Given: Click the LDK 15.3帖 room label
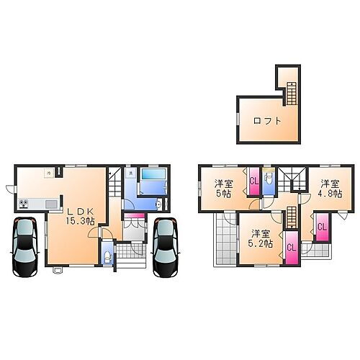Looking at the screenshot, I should click(80, 216).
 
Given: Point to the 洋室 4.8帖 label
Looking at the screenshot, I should click(330, 188).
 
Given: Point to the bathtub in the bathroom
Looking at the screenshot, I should click(152, 177).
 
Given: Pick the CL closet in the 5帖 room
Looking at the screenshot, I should click(253, 181).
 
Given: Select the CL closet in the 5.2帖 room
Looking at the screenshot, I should click(290, 248).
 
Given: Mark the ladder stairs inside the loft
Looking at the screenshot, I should click(291, 94).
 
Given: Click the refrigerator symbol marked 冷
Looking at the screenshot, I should click(48, 173).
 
